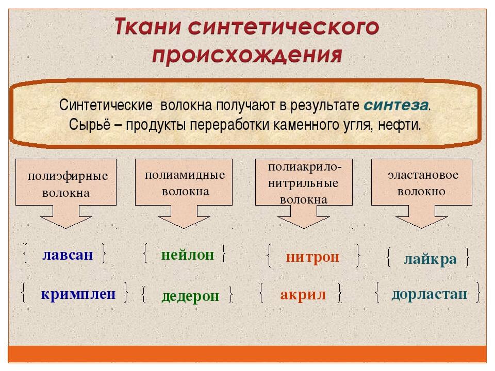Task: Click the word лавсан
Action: click(68, 255)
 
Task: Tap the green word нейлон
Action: click(188, 255)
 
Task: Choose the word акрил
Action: click(303, 295)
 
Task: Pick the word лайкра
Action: click(430, 259)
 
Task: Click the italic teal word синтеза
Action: click(396, 105)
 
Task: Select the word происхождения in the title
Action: click(247, 55)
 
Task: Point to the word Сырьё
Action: click(90, 125)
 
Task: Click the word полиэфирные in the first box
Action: click(68, 176)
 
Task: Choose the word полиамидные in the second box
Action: click(185, 175)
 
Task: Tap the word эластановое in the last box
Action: click(423, 175)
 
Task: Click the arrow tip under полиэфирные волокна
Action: click(65, 228)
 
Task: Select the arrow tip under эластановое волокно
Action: click(422, 228)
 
